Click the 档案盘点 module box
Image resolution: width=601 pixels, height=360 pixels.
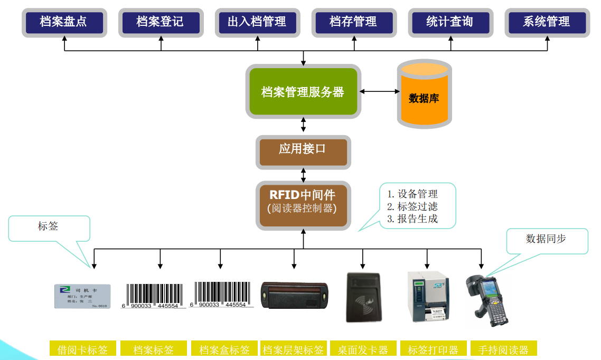(63, 22)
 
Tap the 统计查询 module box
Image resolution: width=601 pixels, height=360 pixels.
(449, 22)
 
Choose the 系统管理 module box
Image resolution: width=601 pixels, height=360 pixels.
(547, 22)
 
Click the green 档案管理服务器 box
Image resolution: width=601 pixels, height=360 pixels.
(303, 92)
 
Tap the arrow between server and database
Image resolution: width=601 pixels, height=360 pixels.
(380, 92)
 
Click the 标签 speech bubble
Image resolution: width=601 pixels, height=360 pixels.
(49, 227)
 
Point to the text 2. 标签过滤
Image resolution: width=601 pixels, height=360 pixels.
(412, 206)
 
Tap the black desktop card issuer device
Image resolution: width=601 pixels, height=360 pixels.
(363, 297)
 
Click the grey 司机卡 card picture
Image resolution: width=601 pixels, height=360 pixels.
(82, 296)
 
